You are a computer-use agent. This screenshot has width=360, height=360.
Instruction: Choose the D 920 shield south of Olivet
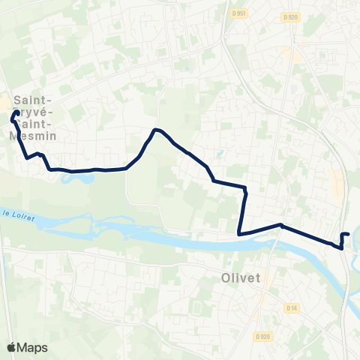click(x=260, y=336)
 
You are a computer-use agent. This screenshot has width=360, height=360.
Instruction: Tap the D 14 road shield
click(x=291, y=307)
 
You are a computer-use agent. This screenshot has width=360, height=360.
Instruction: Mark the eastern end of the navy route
click(x=349, y=234)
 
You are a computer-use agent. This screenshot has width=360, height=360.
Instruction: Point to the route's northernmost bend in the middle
click(x=155, y=130)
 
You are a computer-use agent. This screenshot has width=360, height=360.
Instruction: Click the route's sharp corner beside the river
click(x=239, y=234)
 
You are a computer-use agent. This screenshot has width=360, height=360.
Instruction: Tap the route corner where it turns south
click(x=245, y=187)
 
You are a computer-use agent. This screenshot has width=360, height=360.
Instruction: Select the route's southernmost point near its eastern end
click(x=342, y=247)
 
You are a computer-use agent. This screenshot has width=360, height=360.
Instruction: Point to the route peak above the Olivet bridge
click(x=280, y=224)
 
